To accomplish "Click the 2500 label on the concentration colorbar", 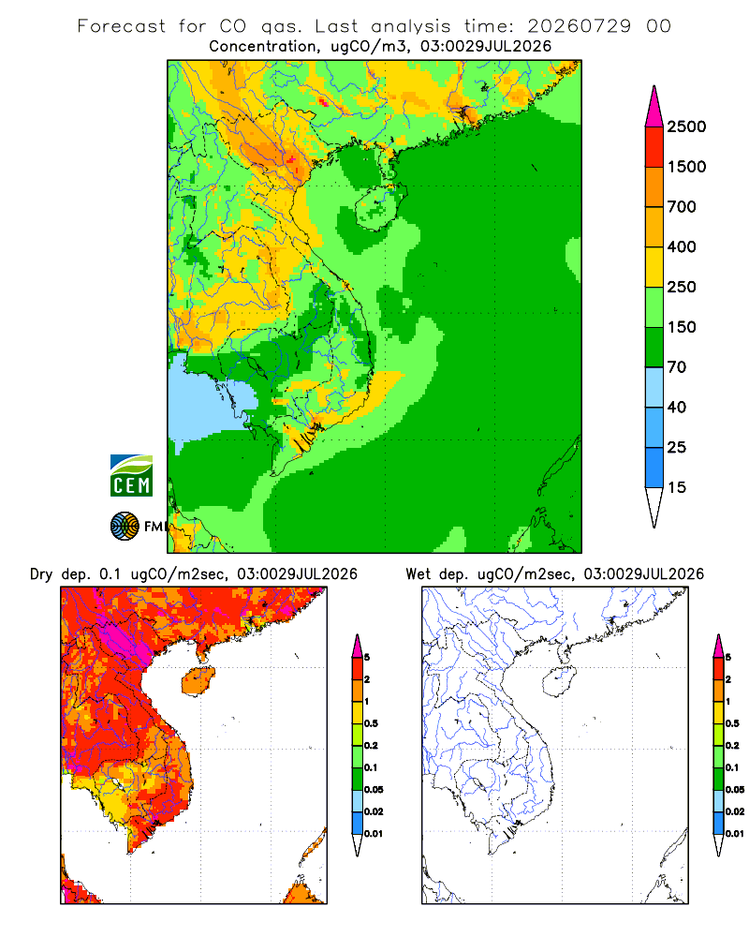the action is (686, 126).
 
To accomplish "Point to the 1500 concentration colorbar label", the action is (686, 167).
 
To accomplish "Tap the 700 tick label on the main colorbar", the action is (682, 207).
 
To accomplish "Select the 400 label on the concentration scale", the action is (682, 246).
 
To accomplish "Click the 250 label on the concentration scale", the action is (682, 287).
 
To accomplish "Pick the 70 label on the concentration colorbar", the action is (677, 367).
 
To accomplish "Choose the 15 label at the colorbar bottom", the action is (677, 487).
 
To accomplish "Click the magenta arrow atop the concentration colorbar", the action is (654, 107).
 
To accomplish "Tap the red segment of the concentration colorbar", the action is (654, 147).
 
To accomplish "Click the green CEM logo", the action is (131, 476).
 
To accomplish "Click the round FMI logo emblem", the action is (125, 527).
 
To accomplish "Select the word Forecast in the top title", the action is (122, 26).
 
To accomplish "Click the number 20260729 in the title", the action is (579, 26).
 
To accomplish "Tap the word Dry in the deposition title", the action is (41, 574).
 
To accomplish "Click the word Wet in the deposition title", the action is (419, 574).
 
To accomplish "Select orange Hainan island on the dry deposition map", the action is (198, 680).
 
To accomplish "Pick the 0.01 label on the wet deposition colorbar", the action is (735, 834).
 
